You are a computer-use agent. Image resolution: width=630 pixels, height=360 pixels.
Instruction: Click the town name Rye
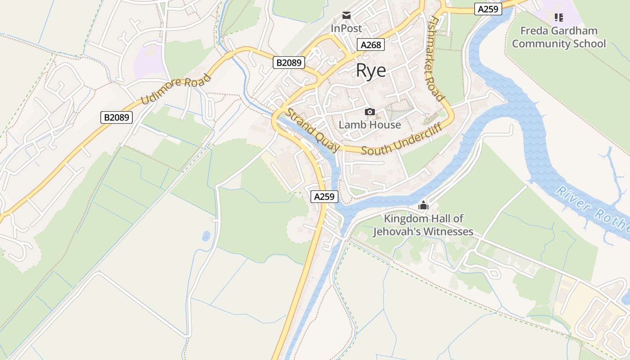click(x=371, y=71)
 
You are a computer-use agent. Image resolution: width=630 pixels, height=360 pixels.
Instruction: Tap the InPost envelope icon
click(x=346, y=15)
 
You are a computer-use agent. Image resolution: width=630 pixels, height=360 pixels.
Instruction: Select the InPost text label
click(x=346, y=28)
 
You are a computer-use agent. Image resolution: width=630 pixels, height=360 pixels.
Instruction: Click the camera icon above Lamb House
click(x=369, y=112)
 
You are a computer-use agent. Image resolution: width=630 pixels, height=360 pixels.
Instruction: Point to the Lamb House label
click(x=369, y=125)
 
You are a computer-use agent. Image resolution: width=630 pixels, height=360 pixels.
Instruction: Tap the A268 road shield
click(x=371, y=45)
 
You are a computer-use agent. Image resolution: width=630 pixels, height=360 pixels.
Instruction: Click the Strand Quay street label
click(x=314, y=130)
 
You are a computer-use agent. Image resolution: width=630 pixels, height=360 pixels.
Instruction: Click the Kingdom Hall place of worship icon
click(x=423, y=206)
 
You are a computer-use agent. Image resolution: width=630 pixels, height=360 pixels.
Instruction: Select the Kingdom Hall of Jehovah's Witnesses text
click(x=423, y=225)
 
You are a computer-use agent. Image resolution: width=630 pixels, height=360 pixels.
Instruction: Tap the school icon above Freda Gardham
click(x=558, y=18)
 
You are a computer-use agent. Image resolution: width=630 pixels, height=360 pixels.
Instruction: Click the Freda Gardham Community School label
click(x=558, y=37)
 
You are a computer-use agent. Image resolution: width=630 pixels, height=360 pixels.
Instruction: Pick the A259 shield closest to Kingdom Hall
click(x=324, y=197)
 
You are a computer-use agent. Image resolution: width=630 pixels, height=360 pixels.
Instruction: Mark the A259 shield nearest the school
click(x=488, y=9)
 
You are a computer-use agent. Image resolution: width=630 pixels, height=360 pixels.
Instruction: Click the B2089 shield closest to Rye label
click(x=289, y=63)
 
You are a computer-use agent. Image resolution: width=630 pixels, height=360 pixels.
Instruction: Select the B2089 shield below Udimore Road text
click(x=117, y=117)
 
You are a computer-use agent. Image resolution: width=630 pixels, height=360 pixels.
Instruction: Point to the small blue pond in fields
click(x=206, y=236)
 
